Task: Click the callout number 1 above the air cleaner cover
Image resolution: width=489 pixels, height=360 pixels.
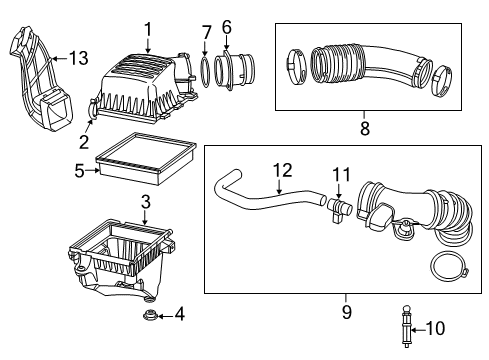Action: pos(147,30)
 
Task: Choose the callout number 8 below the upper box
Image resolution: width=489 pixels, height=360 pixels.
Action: pos(365,127)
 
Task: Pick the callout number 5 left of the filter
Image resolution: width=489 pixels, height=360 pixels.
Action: pos(78,170)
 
